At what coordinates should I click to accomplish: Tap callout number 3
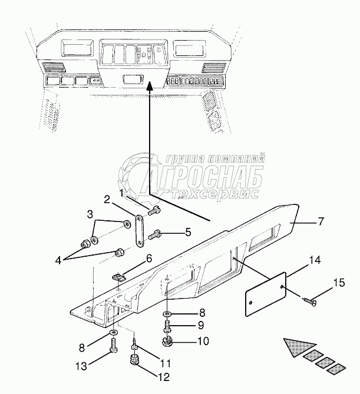(x=90, y=213)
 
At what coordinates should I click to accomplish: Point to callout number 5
(x=188, y=232)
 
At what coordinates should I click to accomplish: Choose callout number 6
(x=149, y=257)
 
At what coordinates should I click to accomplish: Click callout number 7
(x=321, y=223)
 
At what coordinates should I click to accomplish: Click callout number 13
(x=81, y=366)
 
